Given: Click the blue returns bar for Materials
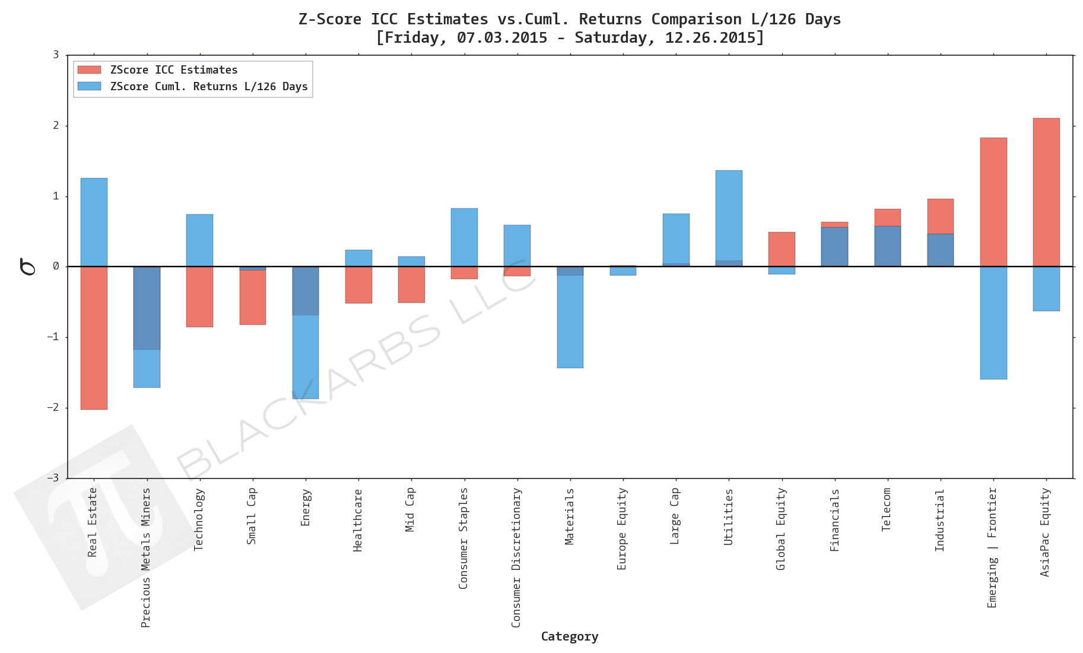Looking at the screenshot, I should tap(570, 321).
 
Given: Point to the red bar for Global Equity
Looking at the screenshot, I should tap(781, 249).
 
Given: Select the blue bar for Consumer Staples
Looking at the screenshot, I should tap(464, 237).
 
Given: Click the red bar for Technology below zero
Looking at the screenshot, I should tap(199, 296).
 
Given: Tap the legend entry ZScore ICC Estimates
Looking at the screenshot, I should tap(173, 70).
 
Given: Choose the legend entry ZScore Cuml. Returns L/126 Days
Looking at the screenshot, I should tap(208, 87).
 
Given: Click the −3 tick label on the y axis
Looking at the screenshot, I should tap(55, 478).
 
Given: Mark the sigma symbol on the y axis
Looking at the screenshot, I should tap(27, 267).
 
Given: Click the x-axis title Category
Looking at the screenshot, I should tap(569, 636).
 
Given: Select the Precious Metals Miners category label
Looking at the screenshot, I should tap(146, 557).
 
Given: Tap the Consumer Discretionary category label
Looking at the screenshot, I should tap(516, 557).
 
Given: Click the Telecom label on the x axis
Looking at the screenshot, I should tap(887, 509).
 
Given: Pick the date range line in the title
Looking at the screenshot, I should tap(569, 37).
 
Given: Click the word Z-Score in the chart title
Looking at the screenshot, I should tap(329, 19).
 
